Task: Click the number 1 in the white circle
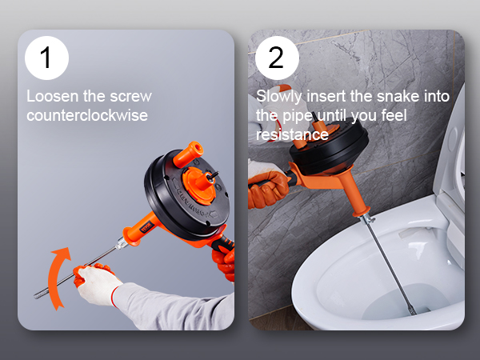coord(46,58)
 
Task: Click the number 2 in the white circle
coord(276,58)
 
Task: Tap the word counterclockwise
coord(87,115)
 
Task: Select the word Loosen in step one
coord(53,96)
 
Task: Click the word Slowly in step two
coord(279,97)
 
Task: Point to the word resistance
coord(292,134)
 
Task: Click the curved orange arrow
coord(58,277)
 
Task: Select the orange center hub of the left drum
coord(199,186)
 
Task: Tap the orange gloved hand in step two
coord(268,189)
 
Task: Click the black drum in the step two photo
coord(330,144)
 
